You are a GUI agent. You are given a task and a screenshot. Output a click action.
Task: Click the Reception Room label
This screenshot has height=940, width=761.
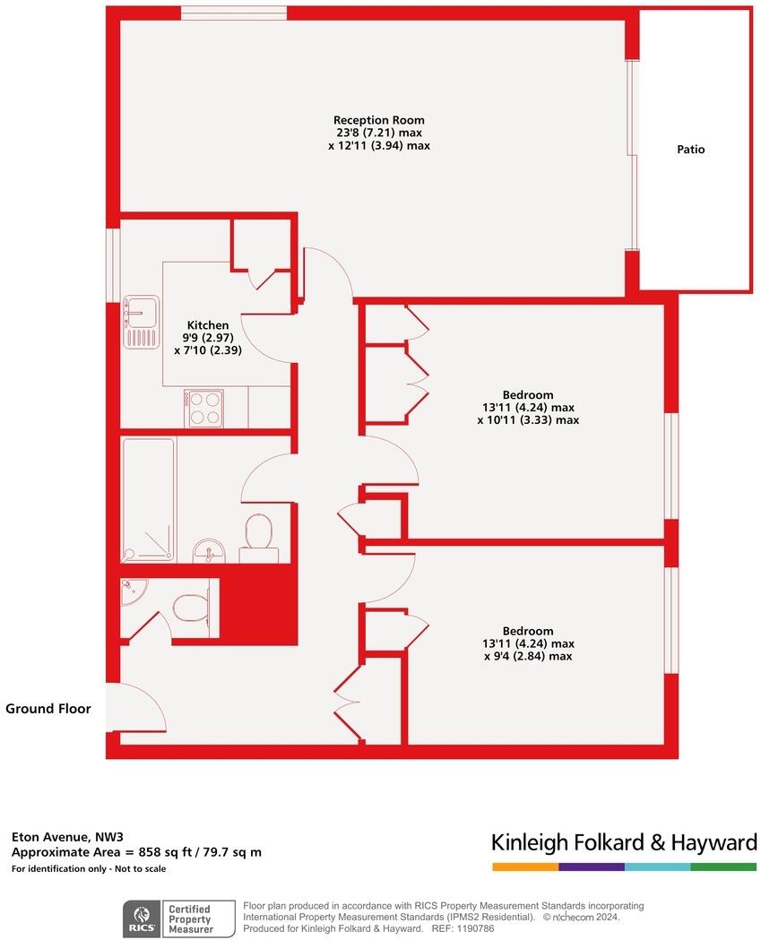(x=379, y=120)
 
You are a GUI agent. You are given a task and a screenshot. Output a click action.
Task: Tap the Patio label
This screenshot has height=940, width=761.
(x=690, y=150)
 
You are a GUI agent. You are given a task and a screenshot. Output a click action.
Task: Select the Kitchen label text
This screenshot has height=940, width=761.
(x=207, y=325)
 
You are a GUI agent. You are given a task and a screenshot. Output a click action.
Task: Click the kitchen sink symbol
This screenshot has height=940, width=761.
(x=142, y=321)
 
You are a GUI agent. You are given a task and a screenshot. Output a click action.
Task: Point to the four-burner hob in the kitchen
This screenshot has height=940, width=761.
(x=204, y=409)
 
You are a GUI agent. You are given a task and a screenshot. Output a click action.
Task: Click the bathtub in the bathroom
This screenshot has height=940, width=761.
(x=149, y=498)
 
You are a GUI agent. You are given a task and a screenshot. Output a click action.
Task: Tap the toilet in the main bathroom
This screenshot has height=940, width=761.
(x=259, y=534)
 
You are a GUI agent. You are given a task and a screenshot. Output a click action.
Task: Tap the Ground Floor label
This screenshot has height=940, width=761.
(x=48, y=709)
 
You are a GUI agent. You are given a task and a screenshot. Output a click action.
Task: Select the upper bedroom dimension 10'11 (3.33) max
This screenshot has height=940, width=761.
(x=528, y=419)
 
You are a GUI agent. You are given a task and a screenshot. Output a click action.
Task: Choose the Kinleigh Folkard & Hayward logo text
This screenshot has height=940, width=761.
(x=624, y=842)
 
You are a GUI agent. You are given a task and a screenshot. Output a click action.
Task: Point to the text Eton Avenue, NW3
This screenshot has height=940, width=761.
(x=54, y=836)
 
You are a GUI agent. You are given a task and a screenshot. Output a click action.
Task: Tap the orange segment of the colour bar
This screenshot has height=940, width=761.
(x=525, y=867)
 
